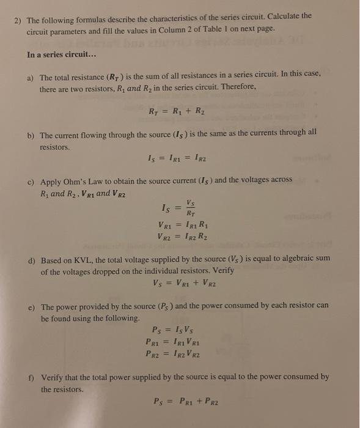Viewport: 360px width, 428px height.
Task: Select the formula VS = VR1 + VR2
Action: [x=185, y=283]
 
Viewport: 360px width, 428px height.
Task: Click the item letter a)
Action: [x=31, y=78]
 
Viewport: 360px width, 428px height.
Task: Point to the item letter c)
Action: [x=31, y=182]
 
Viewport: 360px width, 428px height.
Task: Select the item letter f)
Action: [x=30, y=378]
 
